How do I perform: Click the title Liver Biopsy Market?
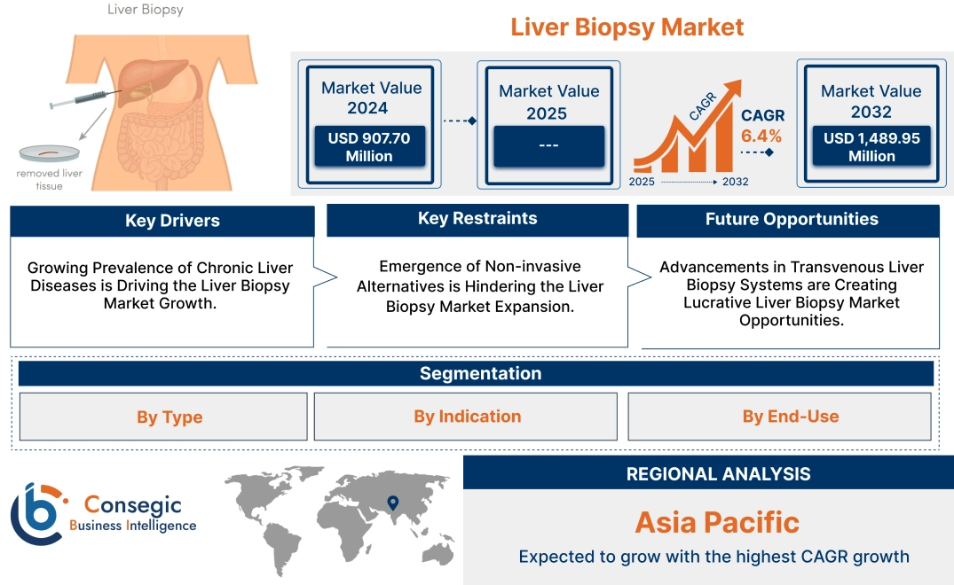coord(627,27)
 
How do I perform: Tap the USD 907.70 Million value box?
coord(368,146)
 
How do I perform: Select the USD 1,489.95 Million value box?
coord(871,146)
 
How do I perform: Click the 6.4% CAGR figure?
coord(761,136)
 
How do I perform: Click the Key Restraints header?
coord(477,218)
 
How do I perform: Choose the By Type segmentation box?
coord(169,417)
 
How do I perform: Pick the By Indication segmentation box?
coord(467,417)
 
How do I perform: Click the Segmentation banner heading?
coord(480,373)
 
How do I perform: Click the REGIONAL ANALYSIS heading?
coord(718,473)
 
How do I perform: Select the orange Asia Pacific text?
coord(717,522)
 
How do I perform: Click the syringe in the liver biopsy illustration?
coord(84,99)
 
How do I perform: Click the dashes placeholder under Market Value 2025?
coord(548,145)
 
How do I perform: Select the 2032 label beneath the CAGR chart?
coord(735,182)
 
